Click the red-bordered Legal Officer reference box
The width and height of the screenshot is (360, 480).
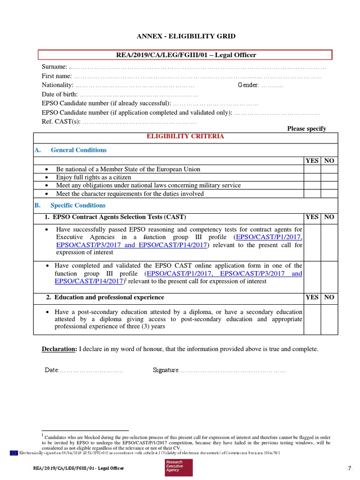pyautogui.click(x=186, y=55)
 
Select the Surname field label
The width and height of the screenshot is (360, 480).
pyautogui.click(x=54, y=67)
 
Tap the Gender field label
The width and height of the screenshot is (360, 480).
pyautogui.click(x=248, y=85)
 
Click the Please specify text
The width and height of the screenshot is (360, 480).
pyautogui.click(x=307, y=129)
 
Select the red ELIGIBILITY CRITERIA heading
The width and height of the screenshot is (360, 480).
pyautogui.click(x=186, y=136)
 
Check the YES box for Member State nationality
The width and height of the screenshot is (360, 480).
pyautogui.click(x=312, y=169)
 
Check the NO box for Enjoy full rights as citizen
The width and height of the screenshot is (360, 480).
pyautogui.click(x=329, y=178)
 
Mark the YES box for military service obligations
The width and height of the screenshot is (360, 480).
pyautogui.click(x=312, y=186)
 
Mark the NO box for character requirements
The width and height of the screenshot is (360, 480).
pyautogui.click(x=329, y=194)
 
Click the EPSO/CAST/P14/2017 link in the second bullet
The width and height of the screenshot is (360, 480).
pyautogui.click(x=89, y=281)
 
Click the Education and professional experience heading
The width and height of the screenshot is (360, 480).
pyautogui.click(x=109, y=297)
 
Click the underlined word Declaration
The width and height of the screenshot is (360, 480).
pyautogui.click(x=59, y=349)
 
